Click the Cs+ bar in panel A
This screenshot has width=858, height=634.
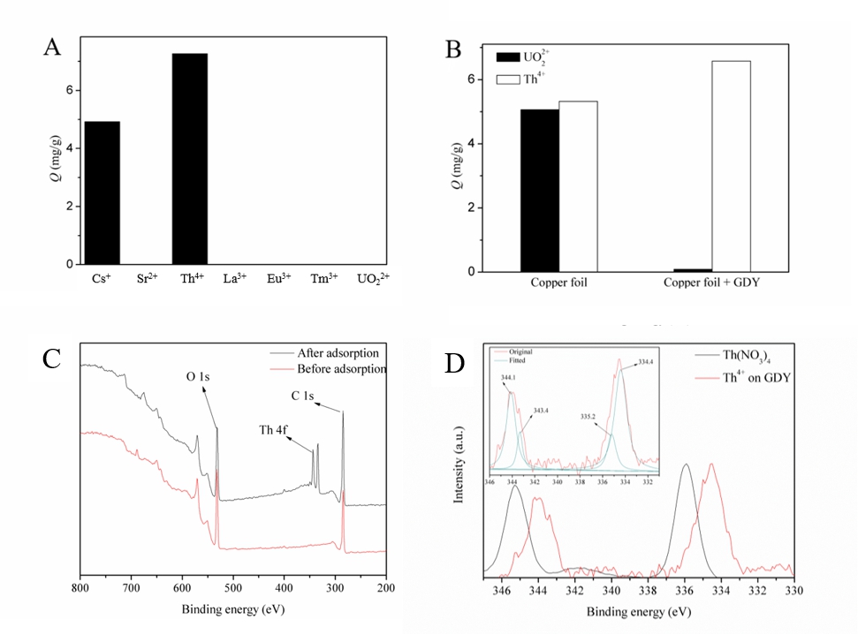click(103, 192)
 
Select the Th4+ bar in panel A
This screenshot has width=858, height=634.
click(190, 159)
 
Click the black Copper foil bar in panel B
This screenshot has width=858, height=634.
click(539, 190)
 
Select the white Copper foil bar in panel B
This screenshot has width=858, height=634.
click(578, 186)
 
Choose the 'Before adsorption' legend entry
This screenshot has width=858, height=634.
click(341, 368)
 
